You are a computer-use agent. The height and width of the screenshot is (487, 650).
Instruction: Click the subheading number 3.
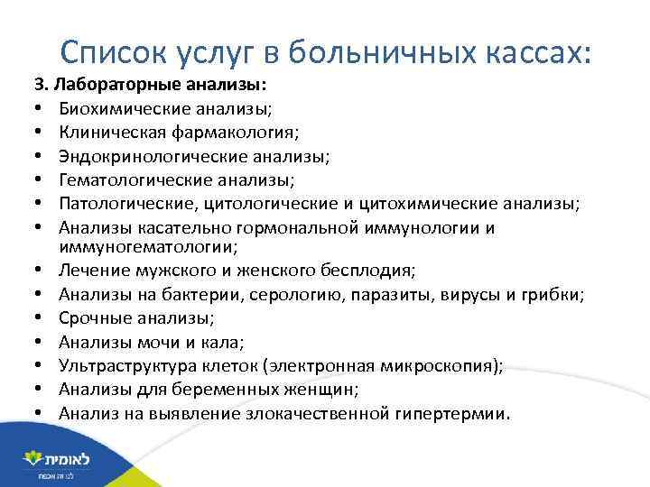[41, 87]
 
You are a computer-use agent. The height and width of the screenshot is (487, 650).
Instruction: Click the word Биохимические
[116, 109]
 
